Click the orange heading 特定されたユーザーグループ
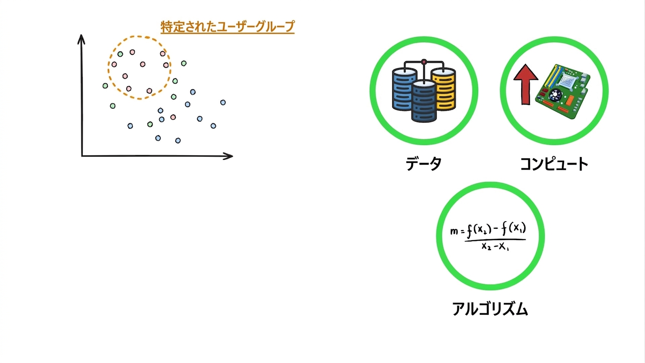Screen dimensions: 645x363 [x=227, y=27]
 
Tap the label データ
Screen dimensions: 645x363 [x=423, y=164]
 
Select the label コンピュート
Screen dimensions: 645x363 [x=554, y=164]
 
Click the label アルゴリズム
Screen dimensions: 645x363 [x=490, y=309]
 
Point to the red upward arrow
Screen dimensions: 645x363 [x=526, y=84]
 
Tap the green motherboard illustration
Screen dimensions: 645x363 [x=563, y=91]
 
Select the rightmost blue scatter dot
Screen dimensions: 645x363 [x=223, y=102]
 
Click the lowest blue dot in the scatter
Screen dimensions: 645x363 [x=178, y=140]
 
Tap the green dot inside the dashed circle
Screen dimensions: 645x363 [x=120, y=54]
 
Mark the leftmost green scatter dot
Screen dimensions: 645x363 [x=105, y=86]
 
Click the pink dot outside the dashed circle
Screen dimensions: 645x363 [x=173, y=117]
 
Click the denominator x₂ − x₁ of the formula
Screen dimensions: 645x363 [x=495, y=247]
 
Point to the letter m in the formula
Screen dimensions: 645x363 [x=454, y=231]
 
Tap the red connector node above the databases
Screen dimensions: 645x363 [x=424, y=61]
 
